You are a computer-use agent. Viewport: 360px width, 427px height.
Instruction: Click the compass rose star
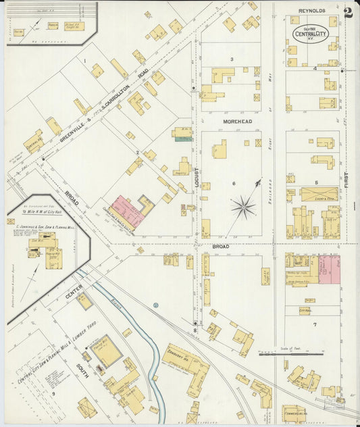coord(243,206)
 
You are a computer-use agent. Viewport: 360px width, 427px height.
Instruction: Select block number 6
coord(234,184)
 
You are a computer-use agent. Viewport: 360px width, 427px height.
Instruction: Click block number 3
coord(231,59)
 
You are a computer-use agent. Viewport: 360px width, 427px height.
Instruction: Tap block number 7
coord(315,325)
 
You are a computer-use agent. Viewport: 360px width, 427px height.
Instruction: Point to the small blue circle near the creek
coord(155,305)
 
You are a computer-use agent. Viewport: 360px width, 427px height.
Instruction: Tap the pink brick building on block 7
coord(330,268)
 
